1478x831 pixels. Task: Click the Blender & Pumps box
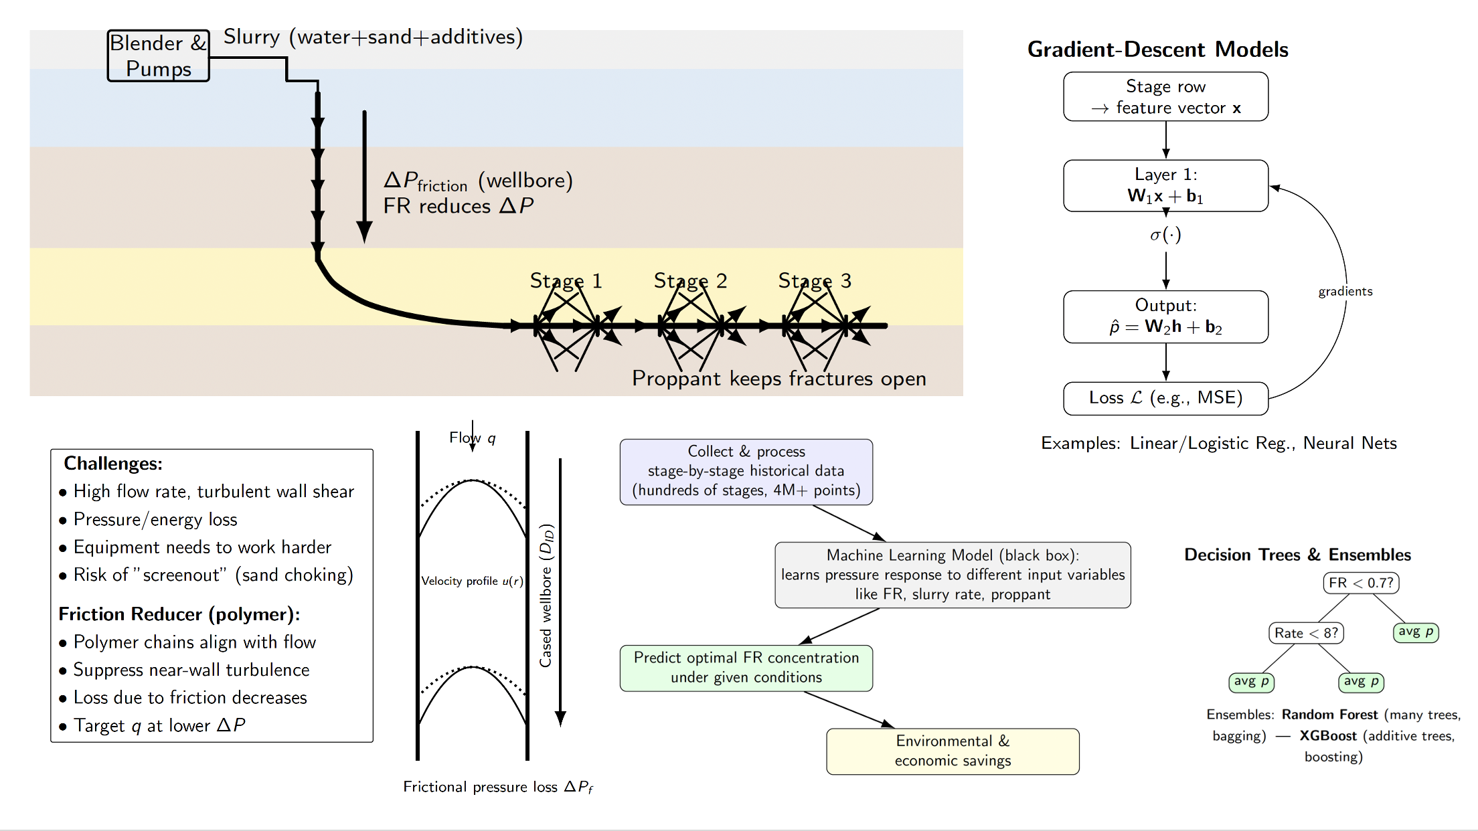click(x=159, y=56)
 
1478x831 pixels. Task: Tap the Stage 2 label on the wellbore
click(x=690, y=281)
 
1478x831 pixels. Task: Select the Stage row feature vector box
click(x=1165, y=97)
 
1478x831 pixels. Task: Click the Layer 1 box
click(x=1165, y=185)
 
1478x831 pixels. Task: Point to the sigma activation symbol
click(x=1165, y=235)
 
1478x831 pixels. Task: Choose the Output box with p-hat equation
click(x=1165, y=316)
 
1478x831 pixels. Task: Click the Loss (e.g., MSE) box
click(x=1165, y=398)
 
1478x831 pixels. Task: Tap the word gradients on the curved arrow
click(x=1345, y=291)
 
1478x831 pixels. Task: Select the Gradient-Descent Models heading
click(x=1157, y=50)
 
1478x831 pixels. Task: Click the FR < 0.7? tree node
click(x=1361, y=583)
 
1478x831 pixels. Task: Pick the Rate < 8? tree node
click(x=1306, y=633)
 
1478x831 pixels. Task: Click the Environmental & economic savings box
click(x=953, y=751)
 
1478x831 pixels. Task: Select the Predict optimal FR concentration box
click(x=746, y=668)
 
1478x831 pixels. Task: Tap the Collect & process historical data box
click(x=746, y=471)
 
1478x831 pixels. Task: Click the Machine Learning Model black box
click(x=953, y=575)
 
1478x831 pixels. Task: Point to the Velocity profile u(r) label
click(x=472, y=581)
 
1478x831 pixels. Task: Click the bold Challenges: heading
click(x=113, y=464)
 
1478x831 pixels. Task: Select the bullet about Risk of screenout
click(x=213, y=575)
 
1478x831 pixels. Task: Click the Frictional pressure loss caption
click(x=498, y=787)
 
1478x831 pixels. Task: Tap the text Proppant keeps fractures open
click(x=778, y=379)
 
